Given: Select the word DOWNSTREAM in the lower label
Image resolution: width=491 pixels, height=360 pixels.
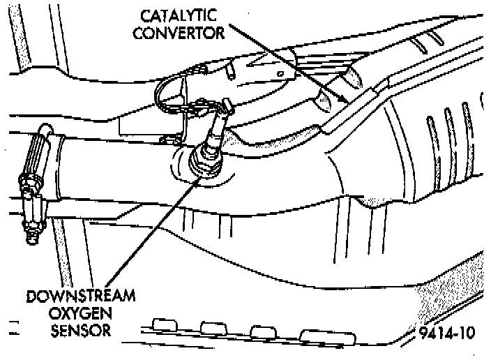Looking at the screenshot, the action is click(78, 296).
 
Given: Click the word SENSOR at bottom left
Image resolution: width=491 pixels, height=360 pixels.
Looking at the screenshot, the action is click(78, 329).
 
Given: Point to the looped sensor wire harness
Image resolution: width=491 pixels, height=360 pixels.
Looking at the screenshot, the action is click(167, 94).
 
